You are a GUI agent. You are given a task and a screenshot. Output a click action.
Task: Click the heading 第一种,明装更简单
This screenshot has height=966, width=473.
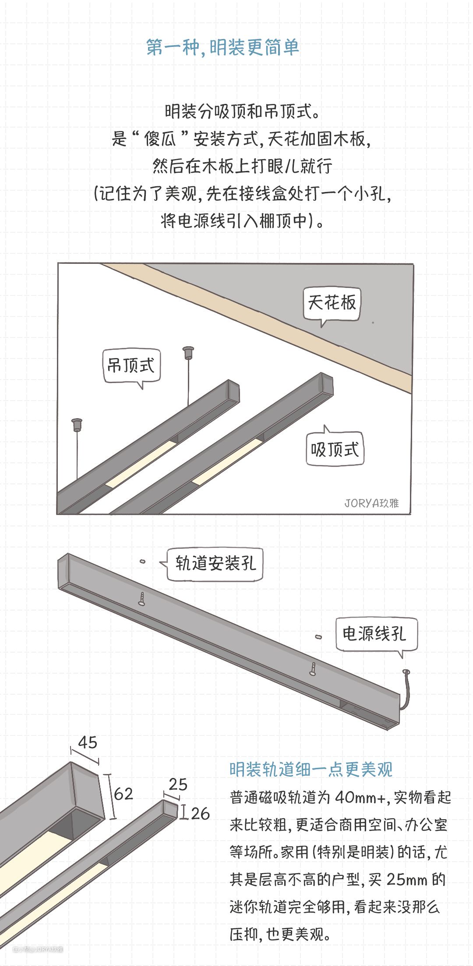222,47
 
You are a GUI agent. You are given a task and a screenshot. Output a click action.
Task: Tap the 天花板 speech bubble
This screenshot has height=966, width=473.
332,303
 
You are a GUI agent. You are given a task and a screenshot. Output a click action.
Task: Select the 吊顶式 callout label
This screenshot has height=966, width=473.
131,366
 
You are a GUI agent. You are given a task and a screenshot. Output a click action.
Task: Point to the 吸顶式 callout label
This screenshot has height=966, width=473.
335,449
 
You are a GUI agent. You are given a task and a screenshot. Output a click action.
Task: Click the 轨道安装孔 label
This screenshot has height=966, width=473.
215,564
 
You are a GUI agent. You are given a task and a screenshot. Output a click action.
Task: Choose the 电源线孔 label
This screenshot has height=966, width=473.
376,634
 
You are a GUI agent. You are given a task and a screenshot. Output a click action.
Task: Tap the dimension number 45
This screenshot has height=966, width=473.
88,742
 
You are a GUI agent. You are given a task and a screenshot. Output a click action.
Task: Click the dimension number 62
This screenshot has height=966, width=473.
123,794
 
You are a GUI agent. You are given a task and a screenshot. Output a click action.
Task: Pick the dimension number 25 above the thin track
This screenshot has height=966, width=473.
178,784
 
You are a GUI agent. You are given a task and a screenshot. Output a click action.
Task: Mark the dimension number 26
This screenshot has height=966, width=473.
200,813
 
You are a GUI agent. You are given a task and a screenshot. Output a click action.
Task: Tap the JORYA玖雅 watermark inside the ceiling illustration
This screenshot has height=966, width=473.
371,503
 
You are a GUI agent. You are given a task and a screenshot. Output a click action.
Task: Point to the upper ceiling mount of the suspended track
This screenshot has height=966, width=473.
188,352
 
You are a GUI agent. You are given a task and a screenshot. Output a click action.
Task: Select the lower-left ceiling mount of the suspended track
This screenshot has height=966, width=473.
77,424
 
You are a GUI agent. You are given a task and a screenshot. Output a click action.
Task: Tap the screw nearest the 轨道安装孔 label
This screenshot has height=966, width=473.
142,598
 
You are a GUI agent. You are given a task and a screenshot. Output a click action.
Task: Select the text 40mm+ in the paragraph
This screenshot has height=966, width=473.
361,797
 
